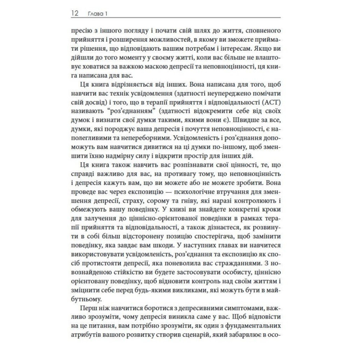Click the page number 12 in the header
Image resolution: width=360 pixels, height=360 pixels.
click(75, 14)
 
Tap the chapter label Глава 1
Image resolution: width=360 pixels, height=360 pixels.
click(98, 14)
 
